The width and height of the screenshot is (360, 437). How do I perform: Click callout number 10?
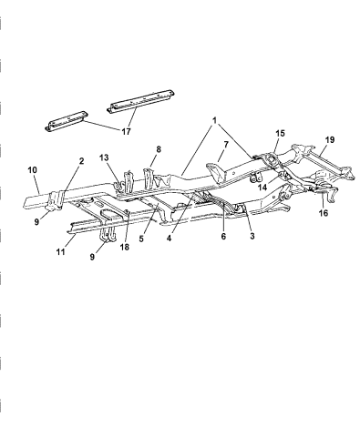[x=31, y=170]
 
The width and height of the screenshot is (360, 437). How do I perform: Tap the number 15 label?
[x=279, y=132]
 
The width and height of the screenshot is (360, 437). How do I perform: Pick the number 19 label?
[x=331, y=141]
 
